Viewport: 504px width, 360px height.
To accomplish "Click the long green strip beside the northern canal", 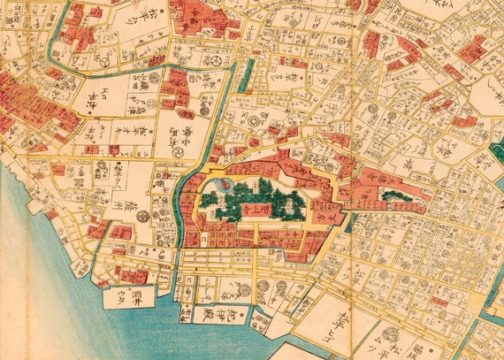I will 248,76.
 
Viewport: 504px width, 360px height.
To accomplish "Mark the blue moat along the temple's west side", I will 187,199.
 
